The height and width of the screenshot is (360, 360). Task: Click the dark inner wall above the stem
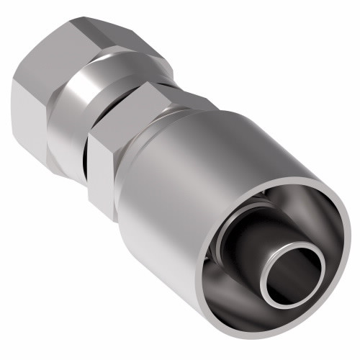coord(288,209)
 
